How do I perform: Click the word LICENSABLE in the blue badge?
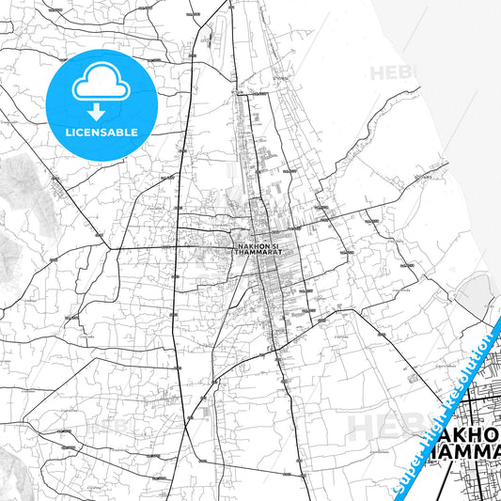click(101, 133)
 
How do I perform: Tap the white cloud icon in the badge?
click(101, 82)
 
